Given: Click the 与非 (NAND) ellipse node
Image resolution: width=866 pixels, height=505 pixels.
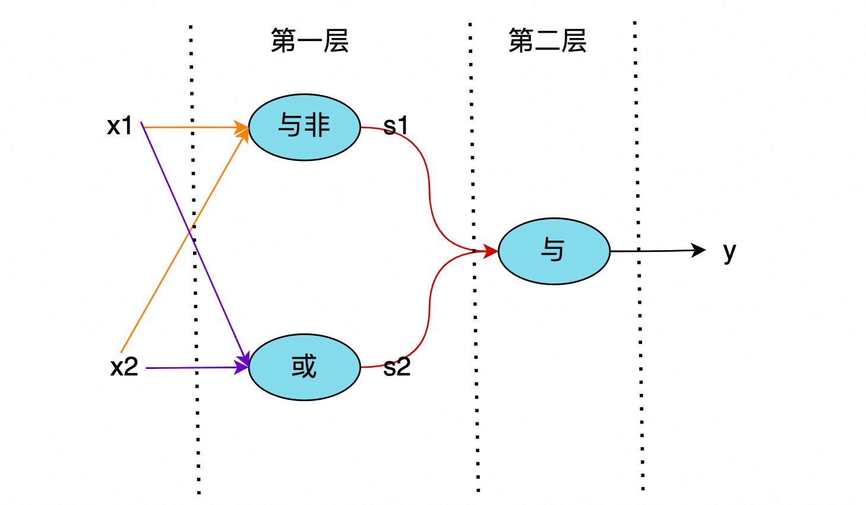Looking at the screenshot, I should [x=304, y=127].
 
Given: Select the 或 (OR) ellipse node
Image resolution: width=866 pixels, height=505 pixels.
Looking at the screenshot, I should [x=304, y=367].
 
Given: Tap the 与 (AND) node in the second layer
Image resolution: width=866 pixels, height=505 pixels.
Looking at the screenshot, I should [x=554, y=251].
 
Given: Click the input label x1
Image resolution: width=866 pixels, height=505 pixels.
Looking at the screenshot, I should [x=119, y=126].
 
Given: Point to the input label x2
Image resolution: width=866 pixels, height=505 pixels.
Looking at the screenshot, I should [x=124, y=367].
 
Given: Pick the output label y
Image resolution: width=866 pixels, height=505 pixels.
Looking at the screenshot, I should [x=729, y=252].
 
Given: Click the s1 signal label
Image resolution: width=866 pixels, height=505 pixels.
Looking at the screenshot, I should [x=396, y=126].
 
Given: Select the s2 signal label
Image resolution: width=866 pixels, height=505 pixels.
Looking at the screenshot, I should [x=397, y=367].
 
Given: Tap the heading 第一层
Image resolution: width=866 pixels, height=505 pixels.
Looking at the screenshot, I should [x=309, y=41].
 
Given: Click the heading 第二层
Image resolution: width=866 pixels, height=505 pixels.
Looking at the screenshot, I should [x=547, y=41].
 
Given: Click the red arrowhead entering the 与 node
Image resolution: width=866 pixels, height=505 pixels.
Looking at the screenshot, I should [x=491, y=251].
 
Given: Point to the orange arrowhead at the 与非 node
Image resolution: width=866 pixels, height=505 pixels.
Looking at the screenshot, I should [x=242, y=128].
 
